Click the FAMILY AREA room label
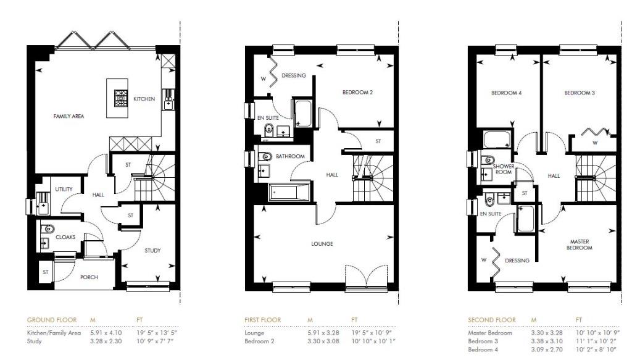(x=69, y=116)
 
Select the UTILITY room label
(x=64, y=190)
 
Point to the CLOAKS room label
(x=65, y=237)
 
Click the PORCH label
(x=89, y=277)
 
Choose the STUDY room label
(x=152, y=250)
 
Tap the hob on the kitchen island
(x=120, y=97)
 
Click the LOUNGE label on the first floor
(x=322, y=244)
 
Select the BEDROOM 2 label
(x=357, y=93)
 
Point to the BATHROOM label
(x=291, y=157)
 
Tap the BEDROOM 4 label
(x=506, y=93)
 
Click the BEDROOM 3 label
(x=579, y=93)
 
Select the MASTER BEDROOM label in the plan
(x=579, y=245)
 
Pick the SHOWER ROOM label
(x=503, y=169)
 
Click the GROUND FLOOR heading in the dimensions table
(x=51, y=320)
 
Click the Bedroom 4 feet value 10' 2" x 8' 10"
(x=597, y=350)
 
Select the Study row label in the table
(x=34, y=341)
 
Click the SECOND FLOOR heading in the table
(x=492, y=320)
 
